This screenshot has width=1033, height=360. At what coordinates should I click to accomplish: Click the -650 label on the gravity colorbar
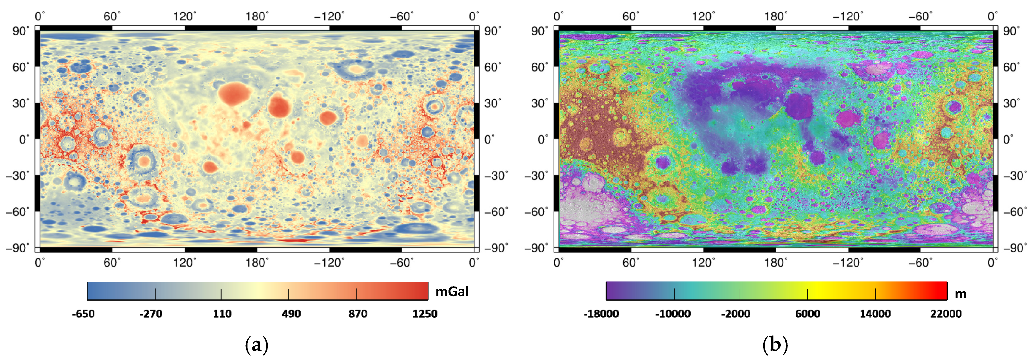pos(83,314)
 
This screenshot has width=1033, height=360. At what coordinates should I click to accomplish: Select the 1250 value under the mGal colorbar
pos(425,314)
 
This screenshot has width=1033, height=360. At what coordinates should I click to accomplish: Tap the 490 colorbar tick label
pos(291,314)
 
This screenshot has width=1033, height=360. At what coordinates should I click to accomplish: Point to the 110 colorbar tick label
pos(222,314)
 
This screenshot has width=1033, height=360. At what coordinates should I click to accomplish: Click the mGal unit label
pos(452,291)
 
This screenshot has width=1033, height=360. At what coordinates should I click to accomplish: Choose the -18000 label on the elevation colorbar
pos(601,314)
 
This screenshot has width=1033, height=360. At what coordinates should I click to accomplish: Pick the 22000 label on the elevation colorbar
pos(946,314)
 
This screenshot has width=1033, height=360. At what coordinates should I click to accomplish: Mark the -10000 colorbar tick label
pos(673,314)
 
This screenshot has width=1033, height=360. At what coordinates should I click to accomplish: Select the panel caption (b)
pos(775,345)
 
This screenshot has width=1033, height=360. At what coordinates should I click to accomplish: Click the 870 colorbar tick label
pos(358,314)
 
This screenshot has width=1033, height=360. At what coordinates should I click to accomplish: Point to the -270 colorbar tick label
pos(151,314)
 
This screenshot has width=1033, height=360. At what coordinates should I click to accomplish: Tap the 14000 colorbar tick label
pos(875,314)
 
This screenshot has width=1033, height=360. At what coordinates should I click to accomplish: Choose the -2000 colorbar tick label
pos(735,314)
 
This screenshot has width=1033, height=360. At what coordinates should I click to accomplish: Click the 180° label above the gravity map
pos(257,16)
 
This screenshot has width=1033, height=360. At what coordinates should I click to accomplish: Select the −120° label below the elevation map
pos(848,263)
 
